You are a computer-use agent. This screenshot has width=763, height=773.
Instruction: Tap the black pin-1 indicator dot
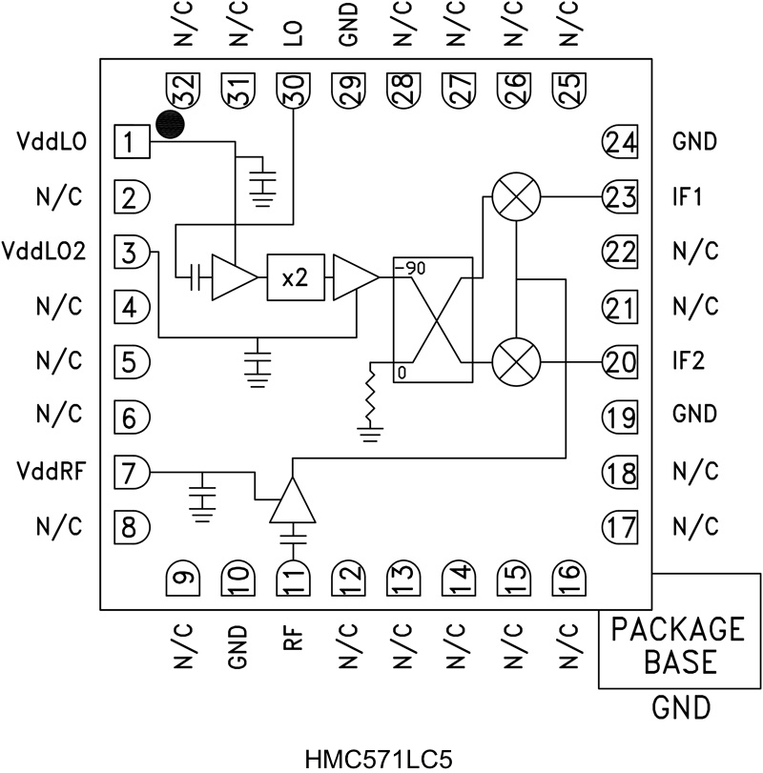point(170,125)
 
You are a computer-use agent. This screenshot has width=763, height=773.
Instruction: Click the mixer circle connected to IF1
point(516,197)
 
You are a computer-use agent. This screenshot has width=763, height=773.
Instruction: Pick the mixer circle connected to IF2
point(516,363)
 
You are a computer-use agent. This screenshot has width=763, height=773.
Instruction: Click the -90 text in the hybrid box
point(413,268)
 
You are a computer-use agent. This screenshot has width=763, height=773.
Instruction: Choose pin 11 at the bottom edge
point(293,578)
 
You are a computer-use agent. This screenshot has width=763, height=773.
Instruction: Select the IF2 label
point(689,362)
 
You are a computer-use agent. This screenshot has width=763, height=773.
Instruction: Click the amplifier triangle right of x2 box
point(354,277)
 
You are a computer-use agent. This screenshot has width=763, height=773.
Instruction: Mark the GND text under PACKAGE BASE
point(679,708)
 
